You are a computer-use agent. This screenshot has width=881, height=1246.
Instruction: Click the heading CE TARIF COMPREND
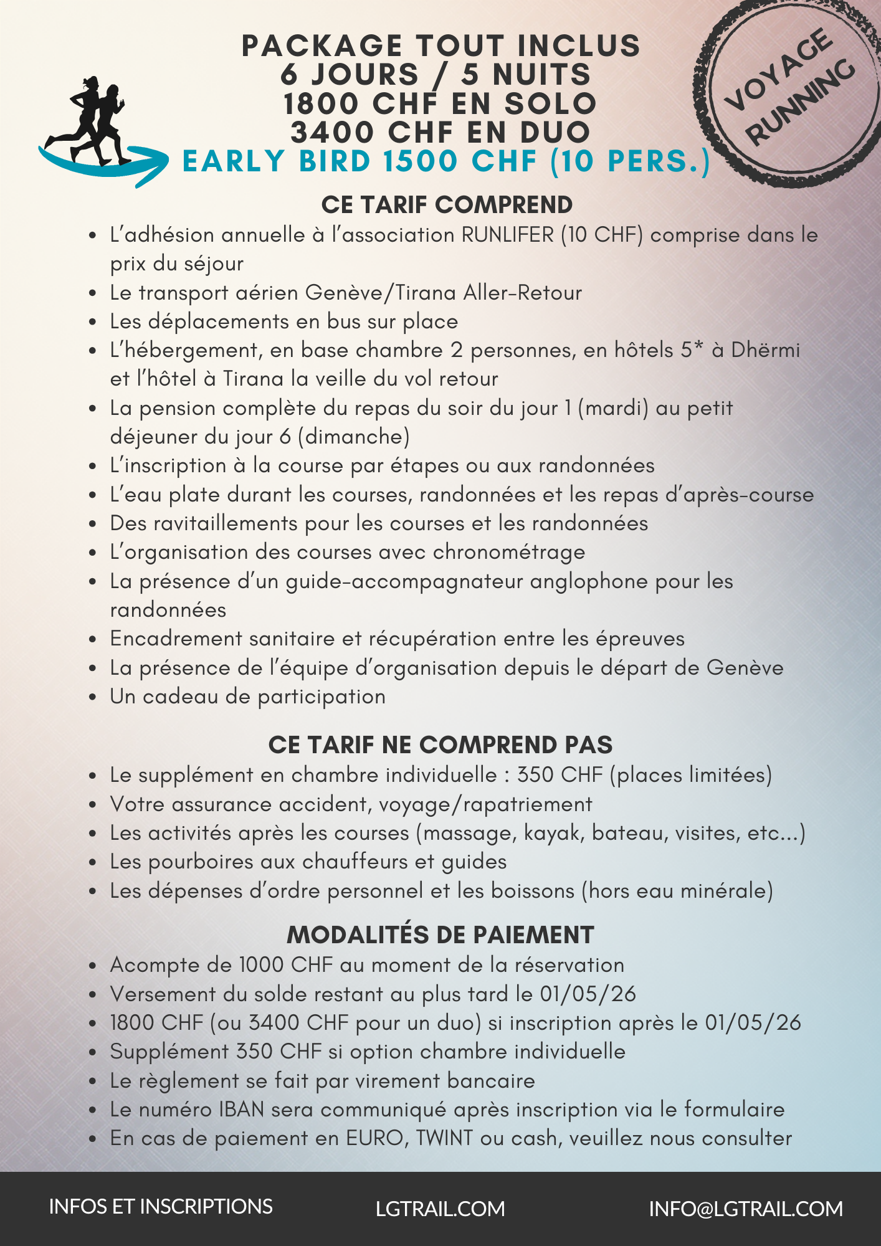[x=447, y=205]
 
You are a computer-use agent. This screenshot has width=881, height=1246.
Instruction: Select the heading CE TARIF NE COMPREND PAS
[x=440, y=745]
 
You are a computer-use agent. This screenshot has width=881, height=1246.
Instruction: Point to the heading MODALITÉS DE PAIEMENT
[x=440, y=935]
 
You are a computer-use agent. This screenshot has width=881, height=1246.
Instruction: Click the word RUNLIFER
[x=507, y=235]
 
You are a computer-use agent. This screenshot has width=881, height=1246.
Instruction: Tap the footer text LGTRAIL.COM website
[x=440, y=1209]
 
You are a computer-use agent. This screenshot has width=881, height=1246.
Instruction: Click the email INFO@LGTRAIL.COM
[x=746, y=1209]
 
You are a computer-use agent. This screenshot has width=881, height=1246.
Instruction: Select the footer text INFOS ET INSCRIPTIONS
[x=161, y=1207]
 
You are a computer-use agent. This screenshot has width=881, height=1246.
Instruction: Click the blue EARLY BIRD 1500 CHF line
[x=446, y=161]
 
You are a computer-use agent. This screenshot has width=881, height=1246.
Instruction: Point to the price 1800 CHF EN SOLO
[x=440, y=103]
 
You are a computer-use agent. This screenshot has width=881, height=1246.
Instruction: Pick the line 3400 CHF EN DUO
[x=440, y=132]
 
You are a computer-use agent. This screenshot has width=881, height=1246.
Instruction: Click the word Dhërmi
[x=766, y=350]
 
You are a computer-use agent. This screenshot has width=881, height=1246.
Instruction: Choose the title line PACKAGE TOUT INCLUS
[x=440, y=46]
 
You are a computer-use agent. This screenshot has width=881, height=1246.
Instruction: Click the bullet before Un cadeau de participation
[x=93, y=697]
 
